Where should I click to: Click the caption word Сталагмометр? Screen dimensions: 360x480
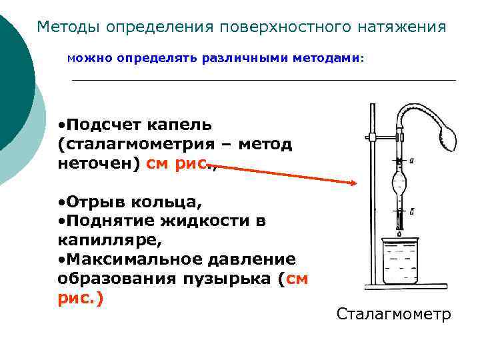393,314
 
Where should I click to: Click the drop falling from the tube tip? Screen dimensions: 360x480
399,234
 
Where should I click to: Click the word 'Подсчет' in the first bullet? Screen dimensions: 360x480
101,125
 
